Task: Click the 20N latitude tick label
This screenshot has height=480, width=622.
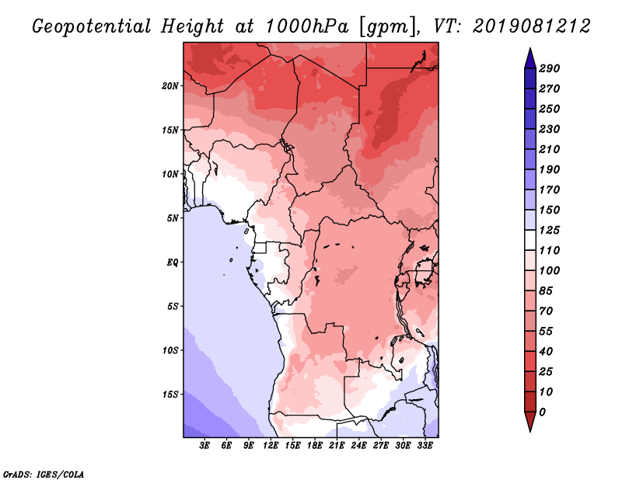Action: point(170,85)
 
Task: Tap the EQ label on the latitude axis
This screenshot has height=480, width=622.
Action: point(173,262)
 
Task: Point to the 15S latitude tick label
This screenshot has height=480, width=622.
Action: point(170,394)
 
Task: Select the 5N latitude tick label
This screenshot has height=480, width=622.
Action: point(173,217)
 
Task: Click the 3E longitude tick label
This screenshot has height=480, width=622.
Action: point(205,446)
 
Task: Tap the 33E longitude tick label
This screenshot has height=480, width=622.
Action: point(425,446)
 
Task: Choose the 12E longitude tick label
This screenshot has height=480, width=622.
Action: point(271,446)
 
